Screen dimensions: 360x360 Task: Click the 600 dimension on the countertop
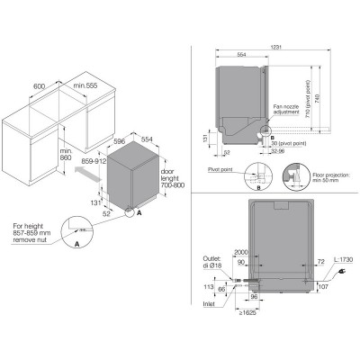coord(39,86)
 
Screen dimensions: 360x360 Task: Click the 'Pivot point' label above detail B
coord(221,167)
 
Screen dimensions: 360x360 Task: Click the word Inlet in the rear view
coord(211,302)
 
